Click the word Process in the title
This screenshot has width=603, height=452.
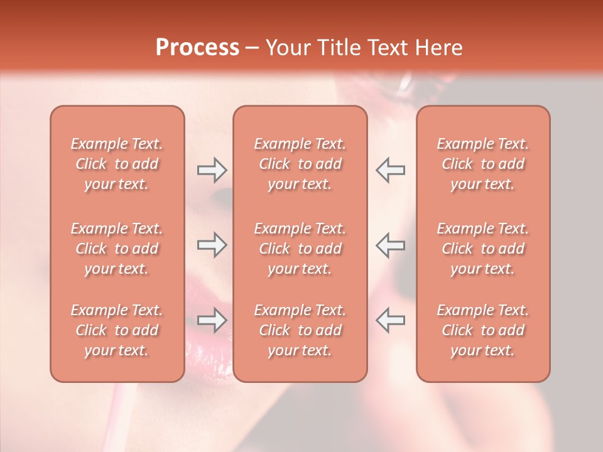coord(197,48)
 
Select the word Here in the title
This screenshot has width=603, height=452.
coord(439,48)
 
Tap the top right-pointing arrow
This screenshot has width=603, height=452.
coord(212,169)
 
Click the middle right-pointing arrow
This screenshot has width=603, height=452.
coord(212,245)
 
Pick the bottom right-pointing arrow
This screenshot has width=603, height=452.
coord(212,320)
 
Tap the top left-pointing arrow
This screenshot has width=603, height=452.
coord(391,169)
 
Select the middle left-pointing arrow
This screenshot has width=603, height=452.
coord(391,245)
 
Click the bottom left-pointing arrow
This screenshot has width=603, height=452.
coord(391,320)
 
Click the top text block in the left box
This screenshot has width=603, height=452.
coord(117,164)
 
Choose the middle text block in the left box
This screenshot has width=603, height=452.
coord(117,249)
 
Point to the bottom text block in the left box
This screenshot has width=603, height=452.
coord(117,330)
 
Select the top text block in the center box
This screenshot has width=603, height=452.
coord(300,164)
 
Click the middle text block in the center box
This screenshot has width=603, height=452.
coord(300,249)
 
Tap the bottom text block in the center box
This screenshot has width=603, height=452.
coord(300,330)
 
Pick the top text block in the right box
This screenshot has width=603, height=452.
coord(483,164)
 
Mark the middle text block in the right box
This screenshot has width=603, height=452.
coord(483,249)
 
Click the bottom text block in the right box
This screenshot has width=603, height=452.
coord(483,330)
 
